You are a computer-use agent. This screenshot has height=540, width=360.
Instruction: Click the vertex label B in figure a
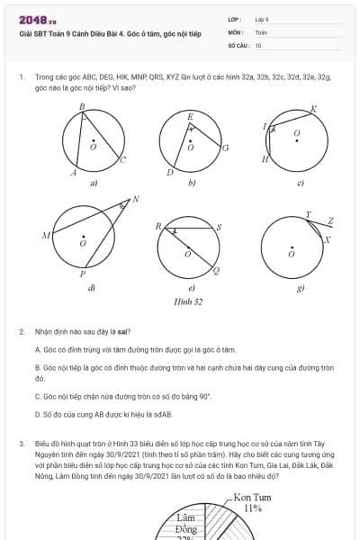click(x=82, y=106)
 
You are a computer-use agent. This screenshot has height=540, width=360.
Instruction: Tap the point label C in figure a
click(x=123, y=159)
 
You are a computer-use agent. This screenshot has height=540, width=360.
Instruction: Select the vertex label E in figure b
click(x=190, y=117)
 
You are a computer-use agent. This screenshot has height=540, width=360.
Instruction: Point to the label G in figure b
click(x=225, y=147)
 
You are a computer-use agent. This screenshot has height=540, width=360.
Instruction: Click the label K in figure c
click(x=313, y=109)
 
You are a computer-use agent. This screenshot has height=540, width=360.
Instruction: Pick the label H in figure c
click(x=265, y=159)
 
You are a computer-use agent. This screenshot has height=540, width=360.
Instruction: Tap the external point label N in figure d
click(x=136, y=199)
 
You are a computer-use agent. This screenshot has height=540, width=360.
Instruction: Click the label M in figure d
click(x=45, y=236)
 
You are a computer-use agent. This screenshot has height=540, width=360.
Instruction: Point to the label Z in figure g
click(x=330, y=220)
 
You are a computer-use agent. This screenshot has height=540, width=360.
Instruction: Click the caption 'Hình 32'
click(x=189, y=302)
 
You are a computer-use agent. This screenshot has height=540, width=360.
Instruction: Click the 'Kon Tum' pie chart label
click(x=253, y=497)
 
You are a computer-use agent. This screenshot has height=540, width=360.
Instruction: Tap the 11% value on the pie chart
click(x=253, y=508)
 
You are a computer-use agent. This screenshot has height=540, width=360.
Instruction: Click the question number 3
click(x=21, y=444)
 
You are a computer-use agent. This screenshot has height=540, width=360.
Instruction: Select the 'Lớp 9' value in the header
click(x=262, y=18)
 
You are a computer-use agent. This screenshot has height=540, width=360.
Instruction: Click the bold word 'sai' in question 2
click(x=123, y=332)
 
